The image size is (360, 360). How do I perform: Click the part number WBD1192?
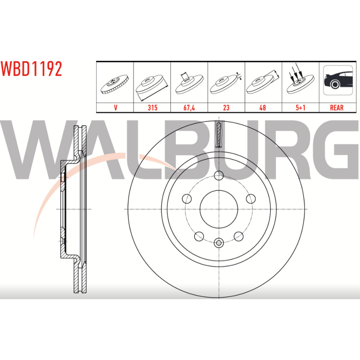pyautogui.click(x=31, y=69)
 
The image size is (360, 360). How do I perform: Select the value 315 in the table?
pyautogui.click(x=152, y=108)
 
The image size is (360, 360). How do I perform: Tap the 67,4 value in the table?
pyautogui.click(x=189, y=108)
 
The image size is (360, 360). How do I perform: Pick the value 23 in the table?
pyautogui.click(x=226, y=108)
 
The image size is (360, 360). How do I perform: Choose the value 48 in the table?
pyautogui.click(x=262, y=108)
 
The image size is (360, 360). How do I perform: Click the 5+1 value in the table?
pyautogui.click(x=300, y=108)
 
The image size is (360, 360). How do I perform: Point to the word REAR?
pyautogui.click(x=337, y=108)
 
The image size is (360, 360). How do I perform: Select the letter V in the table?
pyautogui.click(x=116, y=108)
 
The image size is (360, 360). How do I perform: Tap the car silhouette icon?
pyautogui.click(x=338, y=80)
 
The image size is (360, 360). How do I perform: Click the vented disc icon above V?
pyautogui.click(x=114, y=84)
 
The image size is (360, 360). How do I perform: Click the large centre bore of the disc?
pyautogui.click(x=219, y=209)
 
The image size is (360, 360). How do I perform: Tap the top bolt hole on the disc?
pyautogui.click(x=219, y=176)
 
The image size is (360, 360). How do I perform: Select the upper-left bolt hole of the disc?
pyautogui.click(x=187, y=199)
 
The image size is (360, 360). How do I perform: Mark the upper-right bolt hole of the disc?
pyautogui.click(x=251, y=199)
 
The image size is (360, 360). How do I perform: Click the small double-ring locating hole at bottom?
pyautogui.click(x=219, y=243)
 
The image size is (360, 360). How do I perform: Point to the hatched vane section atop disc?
pyautogui.click(x=219, y=134)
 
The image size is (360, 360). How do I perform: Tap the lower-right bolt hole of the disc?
pyautogui.click(x=239, y=236)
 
